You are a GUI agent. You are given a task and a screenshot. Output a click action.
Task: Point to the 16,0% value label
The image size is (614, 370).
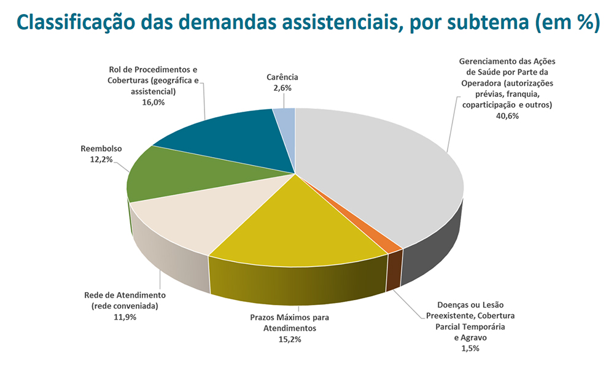[153, 102]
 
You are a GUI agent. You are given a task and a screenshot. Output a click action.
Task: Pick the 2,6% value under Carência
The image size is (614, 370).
[282, 88]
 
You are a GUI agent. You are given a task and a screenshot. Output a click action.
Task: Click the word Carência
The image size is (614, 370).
[282, 77]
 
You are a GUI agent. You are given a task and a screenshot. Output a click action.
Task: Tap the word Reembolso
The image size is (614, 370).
[101, 148]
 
